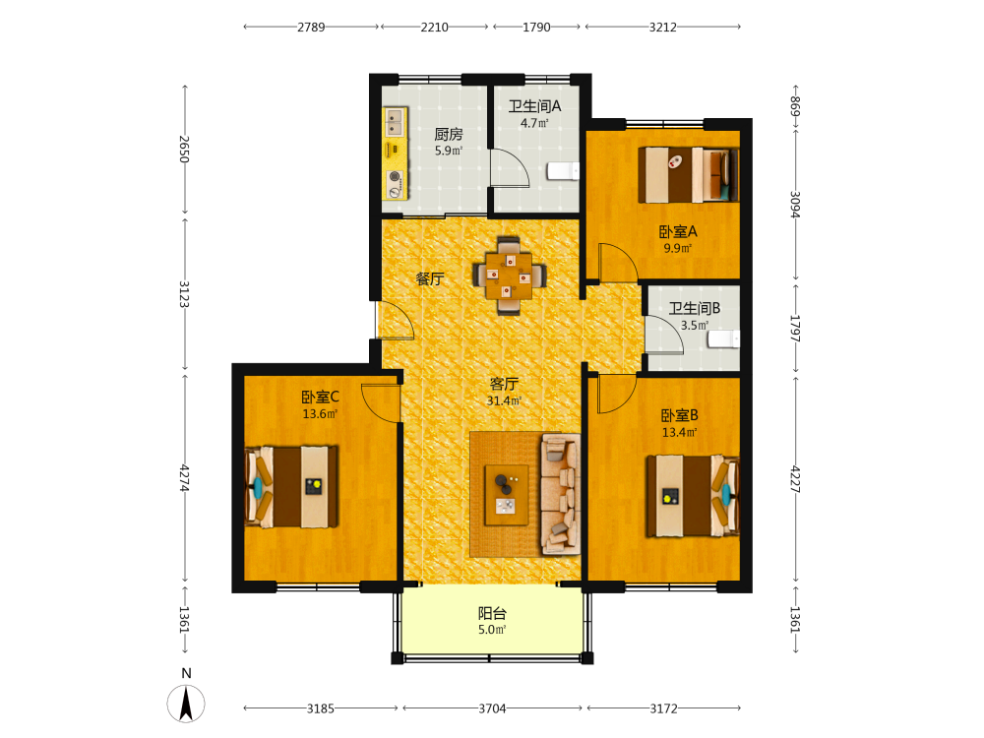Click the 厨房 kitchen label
[449, 134]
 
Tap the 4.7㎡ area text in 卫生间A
[534, 123]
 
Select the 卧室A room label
[678, 232]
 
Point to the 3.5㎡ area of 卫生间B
[695, 325]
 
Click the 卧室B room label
[680, 415]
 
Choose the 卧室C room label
[320, 398]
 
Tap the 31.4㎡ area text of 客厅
[505, 400]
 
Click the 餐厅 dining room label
[430, 278]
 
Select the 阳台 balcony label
[493, 613]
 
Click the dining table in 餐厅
[509, 275]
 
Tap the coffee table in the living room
[506, 495]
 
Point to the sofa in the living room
[561, 495]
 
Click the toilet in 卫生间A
[563, 170]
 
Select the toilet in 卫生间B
[723, 338]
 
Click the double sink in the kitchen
[395, 122]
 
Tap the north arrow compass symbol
[186, 704]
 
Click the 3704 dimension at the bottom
[493, 708]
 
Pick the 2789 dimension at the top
[311, 27]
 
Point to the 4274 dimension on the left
[185, 478]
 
